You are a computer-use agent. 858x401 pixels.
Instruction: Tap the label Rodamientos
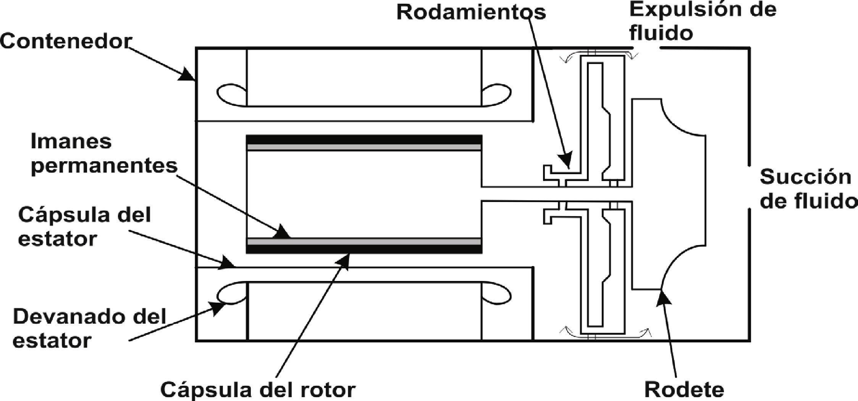pyautogui.click(x=471, y=12)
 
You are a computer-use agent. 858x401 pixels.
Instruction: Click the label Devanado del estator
pyautogui.click(x=89, y=328)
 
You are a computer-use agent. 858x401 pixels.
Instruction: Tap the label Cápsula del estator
pyautogui.click(x=84, y=227)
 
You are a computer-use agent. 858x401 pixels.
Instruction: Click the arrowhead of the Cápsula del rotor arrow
pyautogui.click(x=344, y=260)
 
